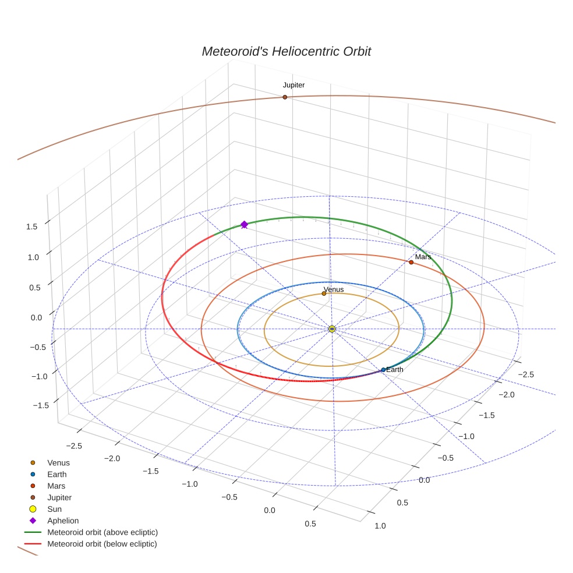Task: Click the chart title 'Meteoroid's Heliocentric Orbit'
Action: pyautogui.click(x=286, y=51)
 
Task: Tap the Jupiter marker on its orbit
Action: pyautogui.click(x=285, y=97)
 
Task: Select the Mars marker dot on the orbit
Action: pyautogui.click(x=411, y=262)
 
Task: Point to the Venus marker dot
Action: pyautogui.click(x=324, y=293)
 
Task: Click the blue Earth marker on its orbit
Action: pyautogui.click(x=383, y=370)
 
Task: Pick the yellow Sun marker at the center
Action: pyautogui.click(x=331, y=329)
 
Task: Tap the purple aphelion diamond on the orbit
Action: pyautogui.click(x=244, y=224)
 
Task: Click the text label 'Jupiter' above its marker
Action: pyautogui.click(x=293, y=85)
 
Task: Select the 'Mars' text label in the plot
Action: pyautogui.click(x=423, y=257)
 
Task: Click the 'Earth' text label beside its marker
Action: pyautogui.click(x=395, y=370)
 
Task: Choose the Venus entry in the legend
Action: pyautogui.click(x=58, y=463)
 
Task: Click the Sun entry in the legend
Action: pyautogui.click(x=54, y=509)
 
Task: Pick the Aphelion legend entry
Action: pyautogui.click(x=63, y=521)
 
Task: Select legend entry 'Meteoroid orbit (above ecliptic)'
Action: pyautogui.click(x=102, y=532)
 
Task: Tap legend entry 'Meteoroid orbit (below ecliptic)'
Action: pyautogui.click(x=102, y=544)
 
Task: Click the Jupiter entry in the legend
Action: pyautogui.click(x=59, y=498)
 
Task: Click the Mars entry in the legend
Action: pyautogui.click(x=56, y=486)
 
